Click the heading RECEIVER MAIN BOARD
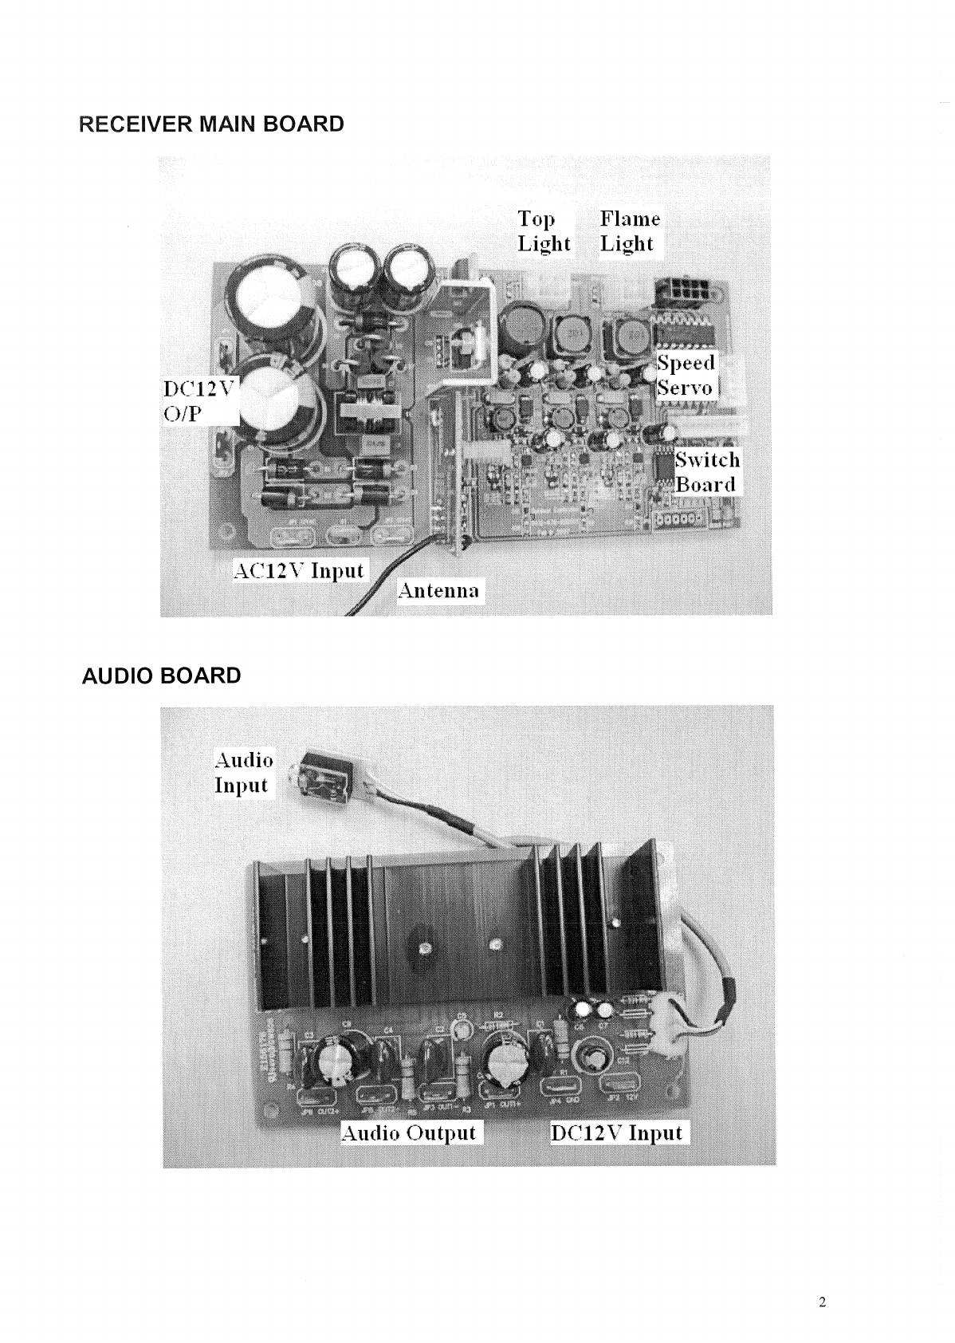212,124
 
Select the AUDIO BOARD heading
162,676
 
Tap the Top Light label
544,231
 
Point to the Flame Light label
630,231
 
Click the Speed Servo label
686,376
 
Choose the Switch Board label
707,472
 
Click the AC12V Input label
298,571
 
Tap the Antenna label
440,591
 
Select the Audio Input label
244,772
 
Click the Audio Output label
409,1133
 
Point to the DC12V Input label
618,1133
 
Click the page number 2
823,1302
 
